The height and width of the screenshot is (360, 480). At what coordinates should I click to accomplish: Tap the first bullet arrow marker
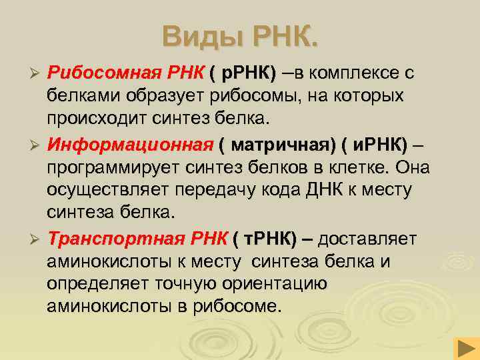[x=38, y=72]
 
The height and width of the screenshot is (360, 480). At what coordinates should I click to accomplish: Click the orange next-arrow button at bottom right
[x=464, y=348]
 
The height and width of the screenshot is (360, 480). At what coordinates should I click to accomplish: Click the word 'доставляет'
[x=369, y=239]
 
